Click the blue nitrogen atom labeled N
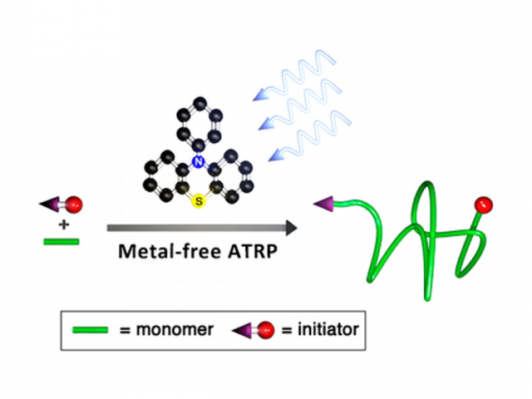click(197, 162)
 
